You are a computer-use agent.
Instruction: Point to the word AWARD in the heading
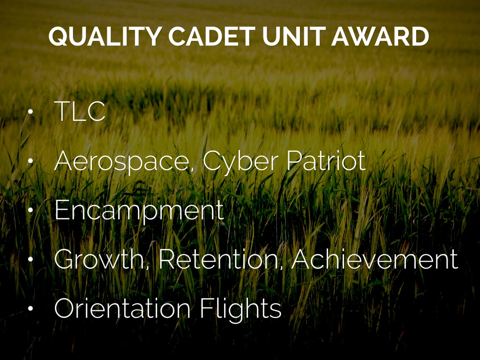[x=380, y=37]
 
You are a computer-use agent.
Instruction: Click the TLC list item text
[x=80, y=112]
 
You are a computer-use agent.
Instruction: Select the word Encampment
[x=139, y=211]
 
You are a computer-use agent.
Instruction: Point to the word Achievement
[x=375, y=260]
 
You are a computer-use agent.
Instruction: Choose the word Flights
[x=240, y=309]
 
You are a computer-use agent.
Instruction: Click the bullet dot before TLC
[x=30, y=113]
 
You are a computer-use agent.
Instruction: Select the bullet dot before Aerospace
[x=30, y=162]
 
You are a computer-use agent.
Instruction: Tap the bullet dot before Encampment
[x=30, y=211]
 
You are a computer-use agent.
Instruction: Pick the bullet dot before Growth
[x=30, y=260]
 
